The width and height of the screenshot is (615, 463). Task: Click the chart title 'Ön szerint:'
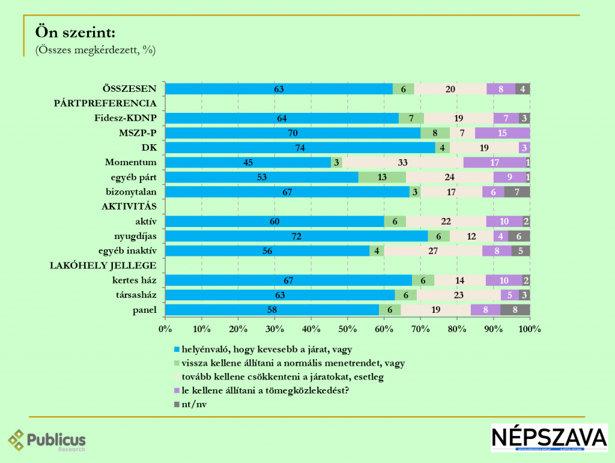76,32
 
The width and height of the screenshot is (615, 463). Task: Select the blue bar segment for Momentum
247,162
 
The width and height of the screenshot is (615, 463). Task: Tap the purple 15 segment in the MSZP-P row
502,133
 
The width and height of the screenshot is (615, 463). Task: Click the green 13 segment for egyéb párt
382,177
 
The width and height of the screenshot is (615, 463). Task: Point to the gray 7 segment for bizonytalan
517,192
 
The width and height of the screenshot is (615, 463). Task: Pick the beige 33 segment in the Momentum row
402,162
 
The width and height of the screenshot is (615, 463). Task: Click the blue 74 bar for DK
300,148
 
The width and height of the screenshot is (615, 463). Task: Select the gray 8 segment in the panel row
515,310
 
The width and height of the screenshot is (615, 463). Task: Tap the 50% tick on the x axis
347,329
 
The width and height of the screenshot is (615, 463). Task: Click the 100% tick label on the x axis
529,329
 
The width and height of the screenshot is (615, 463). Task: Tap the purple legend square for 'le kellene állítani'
176,391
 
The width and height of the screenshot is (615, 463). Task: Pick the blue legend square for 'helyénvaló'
176,349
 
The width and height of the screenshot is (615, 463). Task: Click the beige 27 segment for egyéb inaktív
433,251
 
